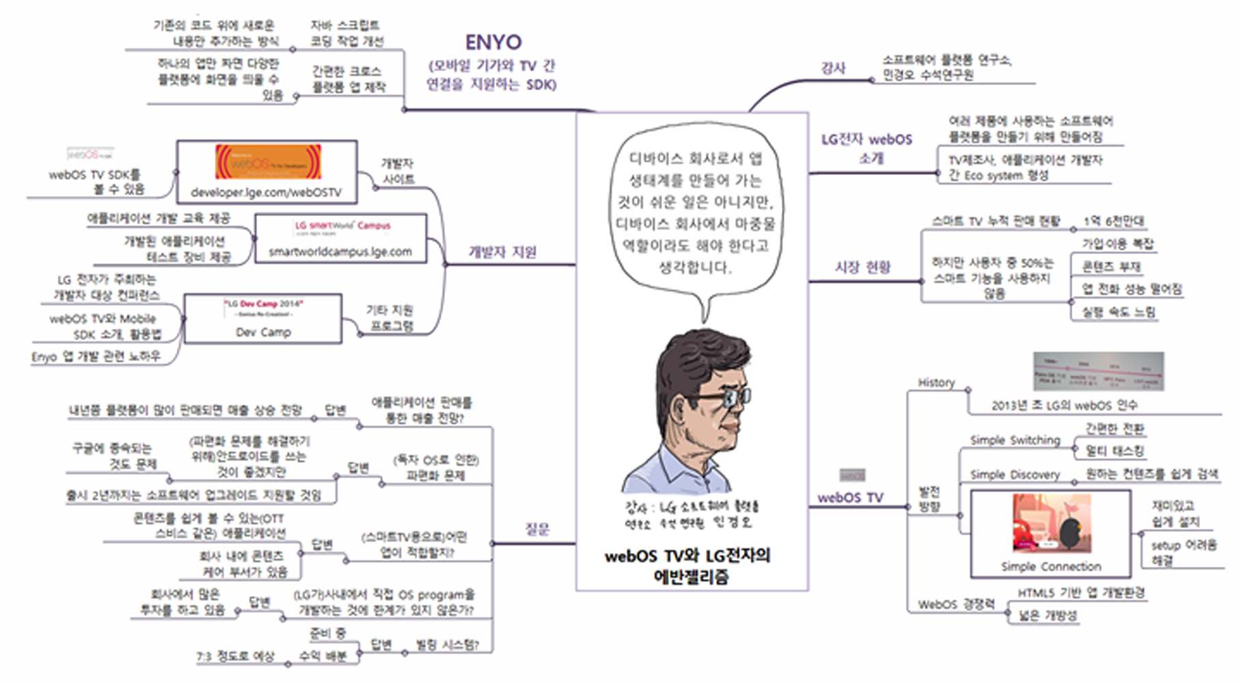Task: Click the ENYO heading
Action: tap(493, 42)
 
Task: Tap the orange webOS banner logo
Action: tap(268, 162)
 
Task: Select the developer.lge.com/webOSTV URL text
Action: tap(267, 193)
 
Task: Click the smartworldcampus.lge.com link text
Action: tap(340, 252)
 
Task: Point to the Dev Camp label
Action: tap(263, 332)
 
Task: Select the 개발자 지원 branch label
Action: tap(502, 252)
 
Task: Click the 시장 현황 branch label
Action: tap(862, 267)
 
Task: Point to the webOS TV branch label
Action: tap(850, 498)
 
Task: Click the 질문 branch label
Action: tap(537, 528)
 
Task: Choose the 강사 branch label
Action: tap(833, 68)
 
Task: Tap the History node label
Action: tap(936, 382)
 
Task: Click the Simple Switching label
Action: tap(1015, 440)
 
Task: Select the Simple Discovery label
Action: tap(1015, 474)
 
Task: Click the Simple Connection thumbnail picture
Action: tap(1051, 523)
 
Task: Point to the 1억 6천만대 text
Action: tap(1113, 222)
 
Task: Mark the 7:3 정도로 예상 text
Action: tap(235, 656)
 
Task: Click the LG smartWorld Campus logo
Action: tap(342, 226)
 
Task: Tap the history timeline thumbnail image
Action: tap(1097, 371)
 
